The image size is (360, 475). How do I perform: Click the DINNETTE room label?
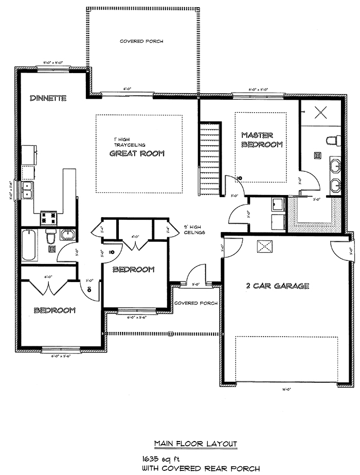(48, 98)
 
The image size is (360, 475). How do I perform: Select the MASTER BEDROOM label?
(262, 139)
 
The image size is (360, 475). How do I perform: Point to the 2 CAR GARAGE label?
(277, 286)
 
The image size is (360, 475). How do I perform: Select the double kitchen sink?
(27, 190)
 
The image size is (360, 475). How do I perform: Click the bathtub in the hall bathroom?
(29, 245)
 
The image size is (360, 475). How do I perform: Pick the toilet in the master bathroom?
(335, 140)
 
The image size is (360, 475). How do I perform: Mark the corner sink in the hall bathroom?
(68, 235)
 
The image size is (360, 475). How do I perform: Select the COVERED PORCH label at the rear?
(141, 41)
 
